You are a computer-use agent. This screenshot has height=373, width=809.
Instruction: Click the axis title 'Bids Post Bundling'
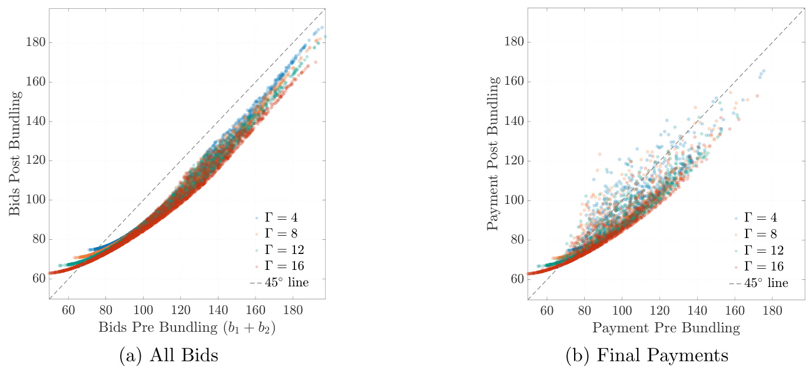click(x=15, y=153)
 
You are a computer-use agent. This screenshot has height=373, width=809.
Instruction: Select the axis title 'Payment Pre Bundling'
click(x=666, y=328)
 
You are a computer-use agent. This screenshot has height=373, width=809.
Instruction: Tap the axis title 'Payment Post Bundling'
click(x=493, y=153)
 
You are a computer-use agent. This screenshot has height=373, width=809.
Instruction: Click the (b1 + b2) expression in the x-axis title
click(x=248, y=328)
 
